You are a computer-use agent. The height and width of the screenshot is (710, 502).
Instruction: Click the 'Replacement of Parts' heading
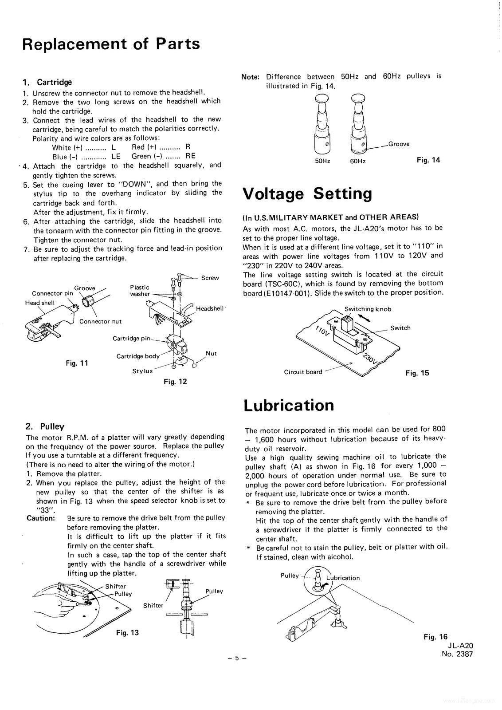(x=111, y=44)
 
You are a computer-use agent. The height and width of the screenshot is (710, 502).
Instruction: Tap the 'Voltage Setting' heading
(x=308, y=194)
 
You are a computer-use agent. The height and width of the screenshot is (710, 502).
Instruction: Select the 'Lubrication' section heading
(x=289, y=405)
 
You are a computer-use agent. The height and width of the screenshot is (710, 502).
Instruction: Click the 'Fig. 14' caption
(x=428, y=160)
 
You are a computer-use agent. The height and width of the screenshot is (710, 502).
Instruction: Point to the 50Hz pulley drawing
(x=323, y=124)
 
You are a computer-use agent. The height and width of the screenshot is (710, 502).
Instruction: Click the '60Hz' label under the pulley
(x=358, y=161)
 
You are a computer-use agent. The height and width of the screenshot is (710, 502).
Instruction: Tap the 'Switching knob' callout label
(x=368, y=309)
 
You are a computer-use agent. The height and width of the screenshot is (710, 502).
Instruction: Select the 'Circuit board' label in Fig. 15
(x=303, y=372)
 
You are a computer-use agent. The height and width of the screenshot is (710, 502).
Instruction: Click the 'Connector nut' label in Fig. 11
(x=100, y=321)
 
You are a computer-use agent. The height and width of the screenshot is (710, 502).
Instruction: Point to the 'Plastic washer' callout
(x=140, y=291)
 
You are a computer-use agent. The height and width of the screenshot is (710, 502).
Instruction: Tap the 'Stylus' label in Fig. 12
(x=142, y=371)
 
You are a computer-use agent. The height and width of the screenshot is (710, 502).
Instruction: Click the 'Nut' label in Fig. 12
(x=211, y=354)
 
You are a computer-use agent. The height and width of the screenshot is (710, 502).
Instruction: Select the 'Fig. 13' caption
(x=127, y=632)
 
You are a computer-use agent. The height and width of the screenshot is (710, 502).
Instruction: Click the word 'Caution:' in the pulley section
(x=41, y=518)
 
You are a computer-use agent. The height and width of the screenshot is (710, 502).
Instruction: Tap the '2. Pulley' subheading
(x=45, y=427)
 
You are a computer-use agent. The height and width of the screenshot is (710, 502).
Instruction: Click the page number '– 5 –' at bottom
(x=236, y=659)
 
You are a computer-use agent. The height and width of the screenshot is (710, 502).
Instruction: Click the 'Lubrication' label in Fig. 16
(x=343, y=578)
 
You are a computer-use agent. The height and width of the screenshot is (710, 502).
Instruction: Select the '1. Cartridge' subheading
(x=47, y=82)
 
